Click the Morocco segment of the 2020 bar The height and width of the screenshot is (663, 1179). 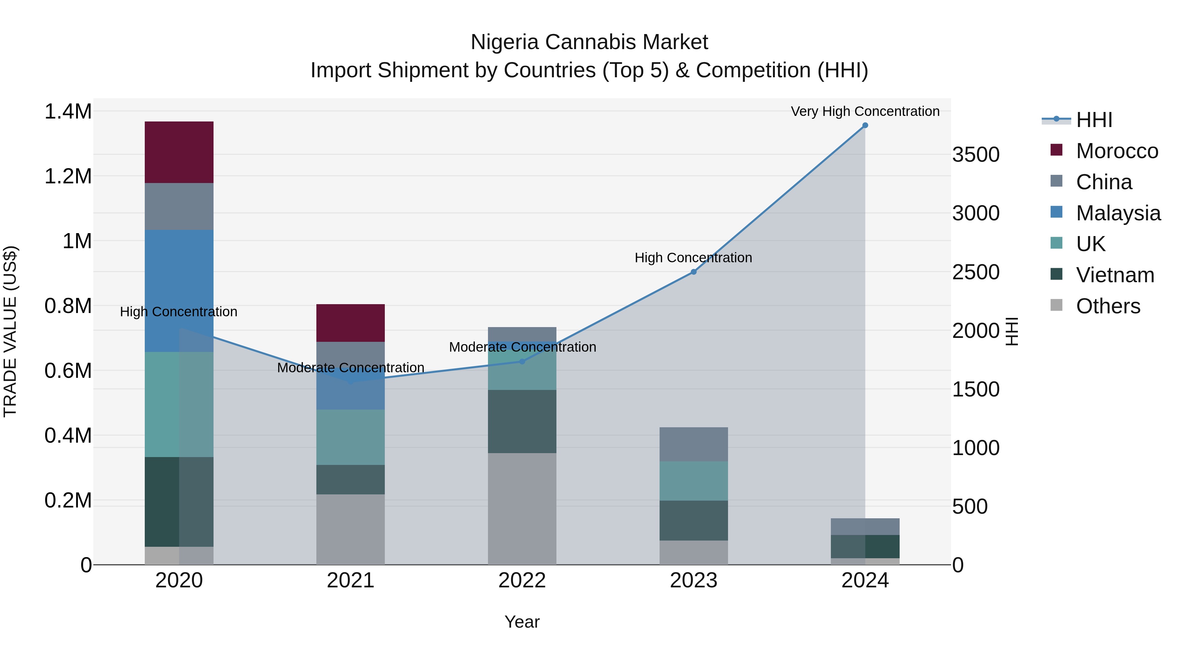(x=179, y=152)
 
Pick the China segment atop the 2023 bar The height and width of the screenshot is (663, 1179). (x=693, y=444)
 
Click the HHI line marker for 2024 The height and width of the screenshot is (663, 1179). (x=865, y=125)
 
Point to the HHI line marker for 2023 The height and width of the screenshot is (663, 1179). (x=693, y=272)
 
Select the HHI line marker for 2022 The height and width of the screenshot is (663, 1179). (x=522, y=361)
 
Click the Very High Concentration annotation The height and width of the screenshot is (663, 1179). (x=865, y=111)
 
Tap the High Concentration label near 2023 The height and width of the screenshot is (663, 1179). (x=693, y=258)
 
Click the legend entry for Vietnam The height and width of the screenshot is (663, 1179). (x=1114, y=275)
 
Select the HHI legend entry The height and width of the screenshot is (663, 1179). (x=1094, y=120)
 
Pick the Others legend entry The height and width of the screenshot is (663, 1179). (x=1108, y=306)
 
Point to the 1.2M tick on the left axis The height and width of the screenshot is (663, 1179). (x=68, y=176)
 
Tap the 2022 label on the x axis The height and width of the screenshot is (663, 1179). (x=522, y=580)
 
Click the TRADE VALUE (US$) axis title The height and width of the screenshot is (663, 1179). (x=10, y=331)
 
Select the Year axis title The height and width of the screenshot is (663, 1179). (x=522, y=622)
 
